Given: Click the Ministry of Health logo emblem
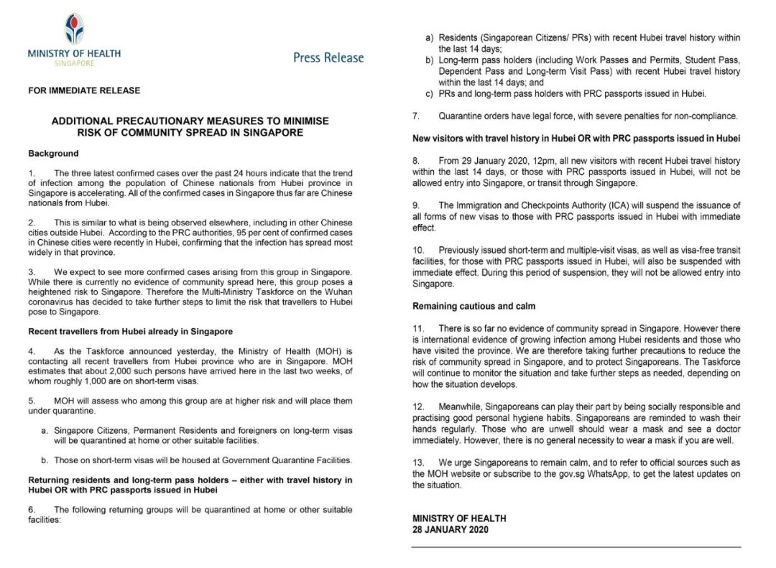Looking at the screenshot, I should tap(73, 29).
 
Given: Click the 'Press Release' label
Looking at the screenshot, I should tap(328, 57).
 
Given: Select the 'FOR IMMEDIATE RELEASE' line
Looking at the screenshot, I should tap(84, 91).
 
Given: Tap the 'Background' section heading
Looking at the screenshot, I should tap(53, 154).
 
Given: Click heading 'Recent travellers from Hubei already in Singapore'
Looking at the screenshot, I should tap(130, 331).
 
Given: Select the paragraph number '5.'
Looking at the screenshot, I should tap(32, 400).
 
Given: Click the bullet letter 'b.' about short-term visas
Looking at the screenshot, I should tap(45, 460).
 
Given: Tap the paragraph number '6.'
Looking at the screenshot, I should tap(32, 510).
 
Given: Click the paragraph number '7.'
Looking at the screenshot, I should tap(416, 116).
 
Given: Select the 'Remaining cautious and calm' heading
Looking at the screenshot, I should tap(474, 306).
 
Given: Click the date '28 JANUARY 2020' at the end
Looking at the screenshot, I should tap(450, 529).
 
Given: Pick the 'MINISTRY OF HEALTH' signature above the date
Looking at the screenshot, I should tap(459, 518).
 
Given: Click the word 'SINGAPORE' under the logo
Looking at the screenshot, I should tap(74, 63).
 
